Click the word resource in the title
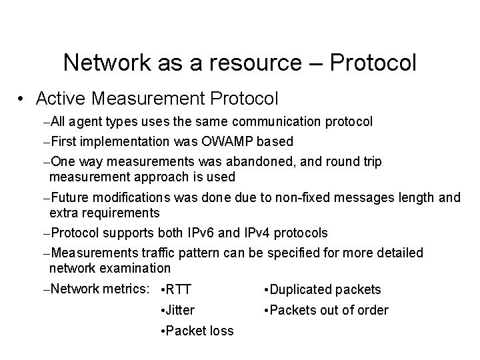pos(236,63)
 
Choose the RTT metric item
pos(177,289)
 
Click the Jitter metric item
pos(179,310)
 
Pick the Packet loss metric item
pos(198,331)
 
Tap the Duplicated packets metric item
pos(323,289)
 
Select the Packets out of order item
pos(326,310)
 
